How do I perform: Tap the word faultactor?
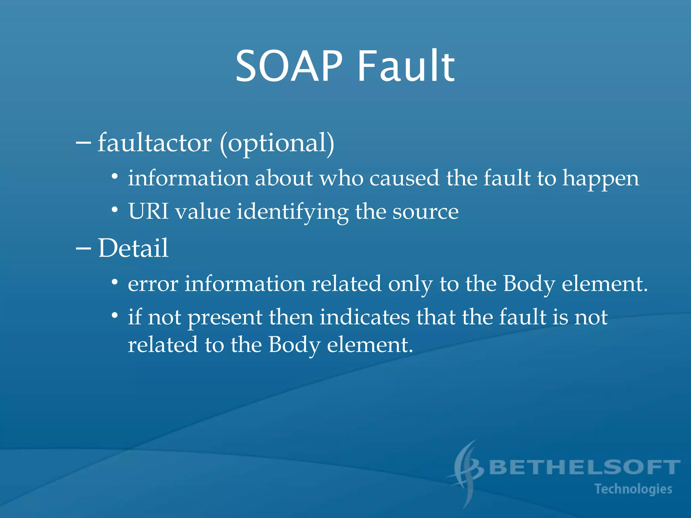[155, 143]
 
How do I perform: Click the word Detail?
[133, 248]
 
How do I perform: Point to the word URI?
[148, 212]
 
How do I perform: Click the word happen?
[601, 179]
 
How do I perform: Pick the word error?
[153, 284]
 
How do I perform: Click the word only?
[410, 285]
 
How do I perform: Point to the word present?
[225, 318]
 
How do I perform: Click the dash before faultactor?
[83, 143]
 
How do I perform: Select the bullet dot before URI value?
[115, 210]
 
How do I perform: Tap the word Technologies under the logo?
[633, 489]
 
